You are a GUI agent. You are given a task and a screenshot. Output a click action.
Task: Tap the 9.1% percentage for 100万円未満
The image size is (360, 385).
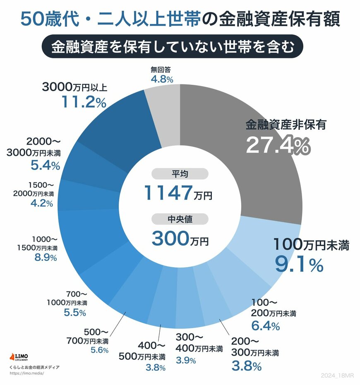[299, 265]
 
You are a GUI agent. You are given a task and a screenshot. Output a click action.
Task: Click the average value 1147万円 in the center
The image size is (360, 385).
[178, 193]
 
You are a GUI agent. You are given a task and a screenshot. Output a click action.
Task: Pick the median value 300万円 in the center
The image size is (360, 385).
[180, 238]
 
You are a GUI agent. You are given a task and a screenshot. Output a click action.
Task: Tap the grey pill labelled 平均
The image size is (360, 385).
[180, 174]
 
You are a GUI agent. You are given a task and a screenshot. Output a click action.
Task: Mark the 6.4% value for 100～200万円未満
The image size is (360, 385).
[266, 326]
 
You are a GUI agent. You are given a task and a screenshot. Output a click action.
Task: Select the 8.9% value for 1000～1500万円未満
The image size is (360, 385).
[45, 258]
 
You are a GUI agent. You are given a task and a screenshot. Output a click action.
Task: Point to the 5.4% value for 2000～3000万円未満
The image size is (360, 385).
[46, 165]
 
